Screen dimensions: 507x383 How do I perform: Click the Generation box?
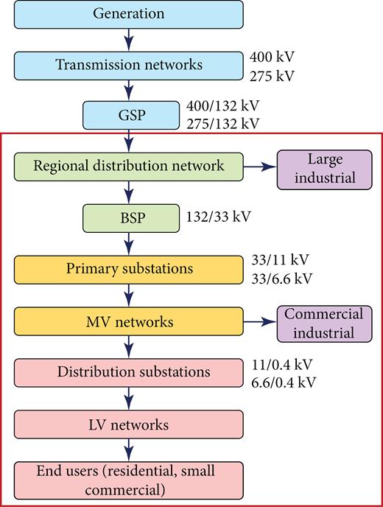pyautogui.click(x=129, y=14)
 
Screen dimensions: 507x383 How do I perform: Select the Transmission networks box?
pyautogui.click(x=129, y=65)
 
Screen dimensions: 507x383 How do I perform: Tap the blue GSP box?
pyautogui.click(x=129, y=115)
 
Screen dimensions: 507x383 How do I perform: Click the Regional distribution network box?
pyautogui.click(x=129, y=166)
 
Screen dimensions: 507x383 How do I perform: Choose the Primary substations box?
pyautogui.click(x=129, y=269)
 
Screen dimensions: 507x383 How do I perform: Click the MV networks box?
pyautogui.click(x=129, y=322)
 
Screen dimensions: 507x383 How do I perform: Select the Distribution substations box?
pyautogui.click(x=129, y=372)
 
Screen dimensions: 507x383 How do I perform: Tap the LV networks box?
pyautogui.click(x=129, y=424)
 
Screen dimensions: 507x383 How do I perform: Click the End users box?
pyautogui.click(x=129, y=478)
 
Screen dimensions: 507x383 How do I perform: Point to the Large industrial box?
pyautogui.click(x=325, y=169)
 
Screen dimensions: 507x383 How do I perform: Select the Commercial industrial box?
pyautogui.click(x=325, y=324)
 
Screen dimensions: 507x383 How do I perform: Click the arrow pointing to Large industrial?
pyautogui.click(x=261, y=167)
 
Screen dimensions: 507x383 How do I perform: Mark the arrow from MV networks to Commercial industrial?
pyautogui.click(x=261, y=322)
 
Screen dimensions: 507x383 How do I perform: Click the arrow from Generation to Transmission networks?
pyautogui.click(x=129, y=39)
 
